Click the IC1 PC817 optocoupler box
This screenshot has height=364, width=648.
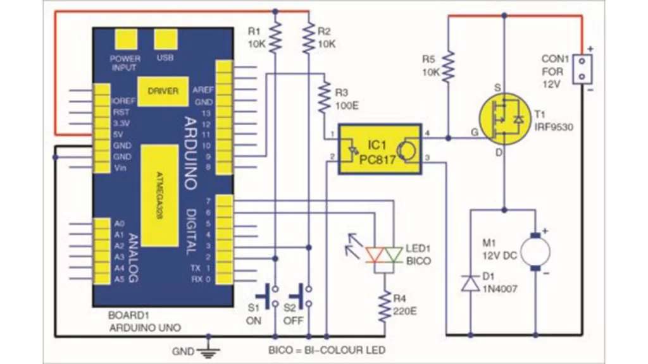pos(379,147)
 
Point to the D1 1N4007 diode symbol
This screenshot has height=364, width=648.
pos(470,283)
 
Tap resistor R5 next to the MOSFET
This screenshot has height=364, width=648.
pos(448,66)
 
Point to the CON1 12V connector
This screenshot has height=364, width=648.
pos(580,69)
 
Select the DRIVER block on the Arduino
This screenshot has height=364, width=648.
pos(163,91)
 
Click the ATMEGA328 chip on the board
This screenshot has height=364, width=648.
pos(158,195)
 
